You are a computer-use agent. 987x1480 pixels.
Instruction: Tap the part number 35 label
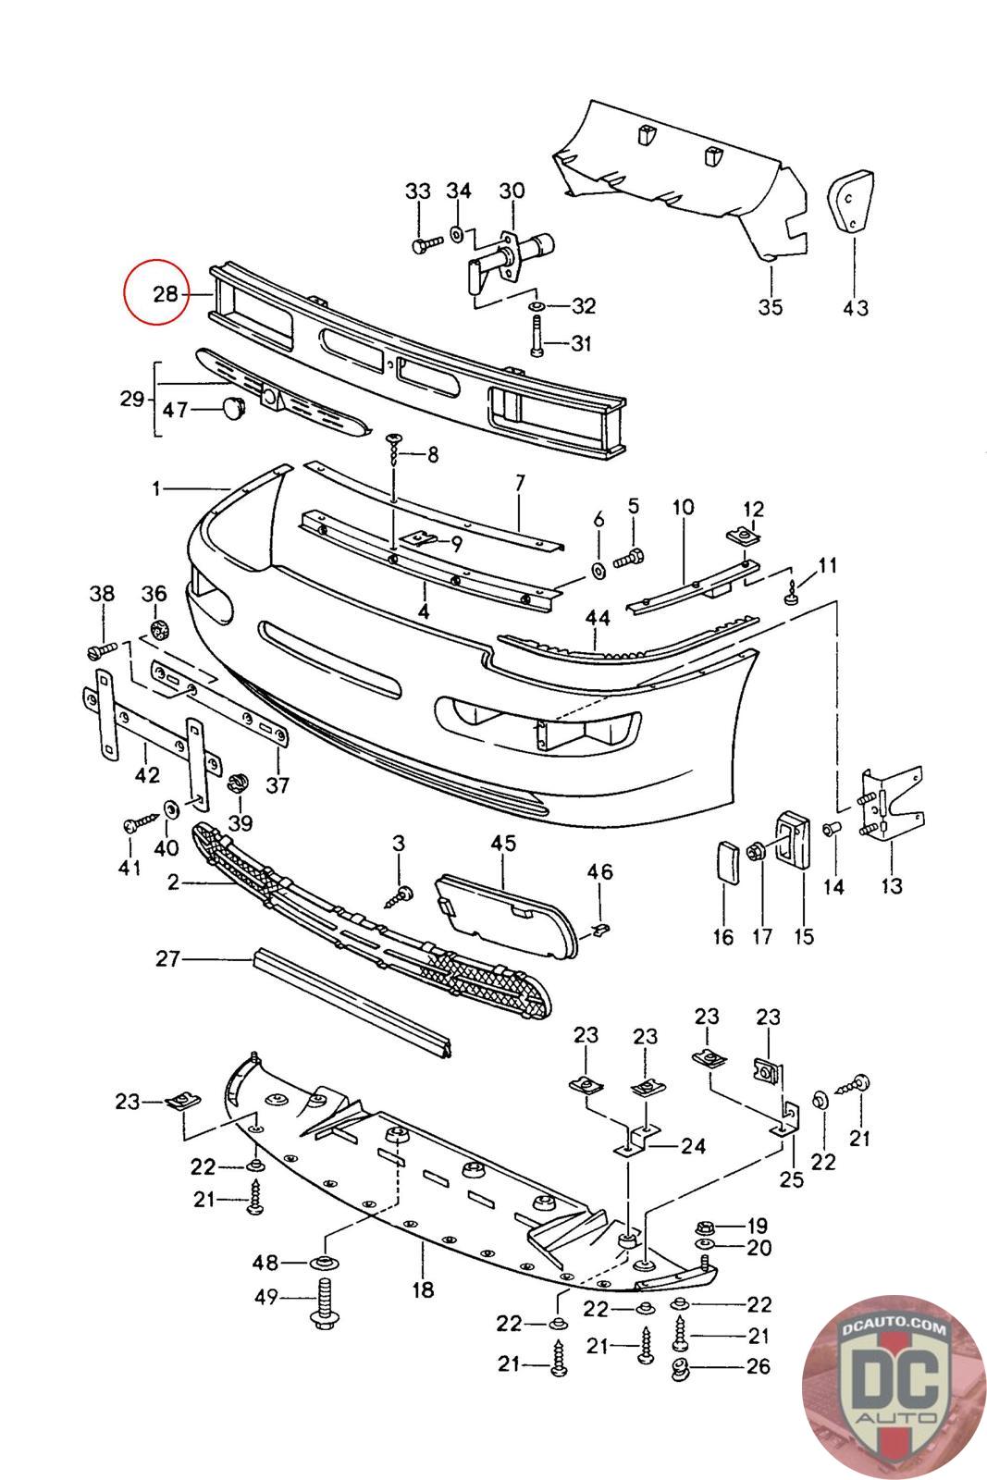(770, 306)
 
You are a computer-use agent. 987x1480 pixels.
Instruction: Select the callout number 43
(856, 306)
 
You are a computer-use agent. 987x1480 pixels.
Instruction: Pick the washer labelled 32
(537, 305)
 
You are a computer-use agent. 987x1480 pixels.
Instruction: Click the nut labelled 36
(158, 630)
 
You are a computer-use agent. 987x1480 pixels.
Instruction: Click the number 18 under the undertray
(423, 1289)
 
